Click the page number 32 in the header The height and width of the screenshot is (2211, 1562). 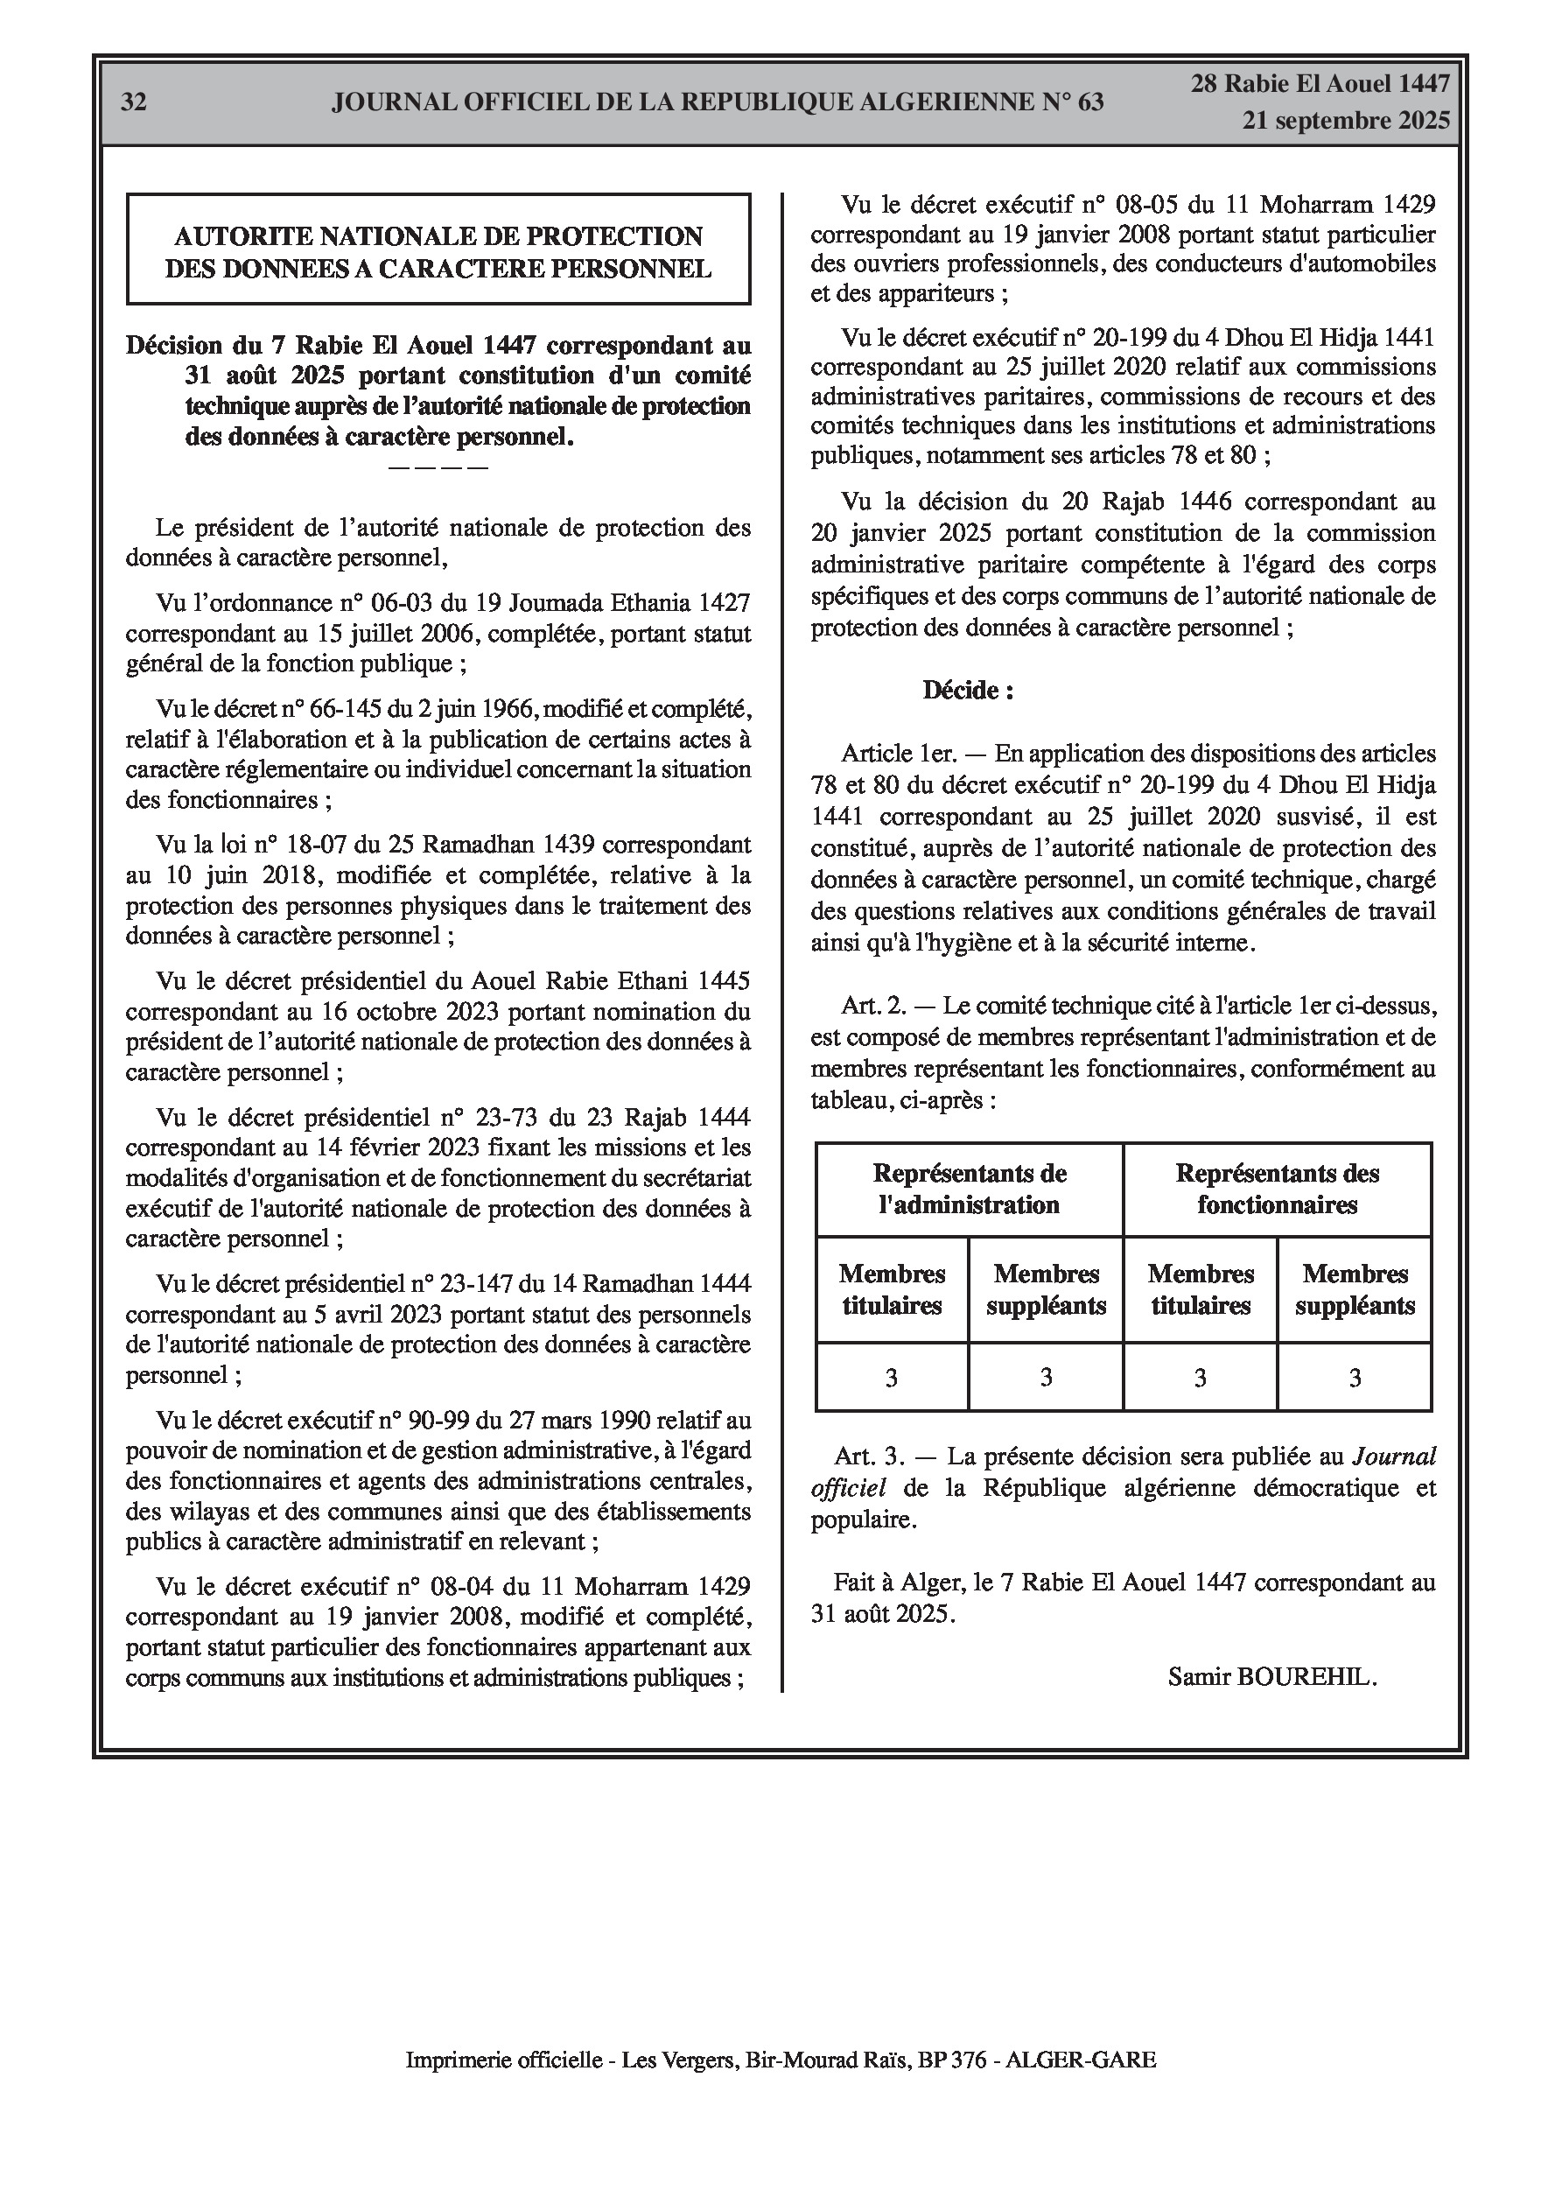pos(134,102)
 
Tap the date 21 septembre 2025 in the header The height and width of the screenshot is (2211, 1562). pos(1345,121)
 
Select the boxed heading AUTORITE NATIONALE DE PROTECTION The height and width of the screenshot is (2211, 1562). pos(438,236)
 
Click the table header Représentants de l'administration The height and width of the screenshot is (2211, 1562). pos(969,1190)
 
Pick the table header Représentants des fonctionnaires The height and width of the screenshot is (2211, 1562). pos(1277,1190)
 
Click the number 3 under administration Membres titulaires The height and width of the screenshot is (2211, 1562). pos(892,1378)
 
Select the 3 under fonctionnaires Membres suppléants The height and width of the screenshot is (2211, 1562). pos(1354,1378)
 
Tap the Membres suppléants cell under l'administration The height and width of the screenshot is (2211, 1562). pos(1046,1289)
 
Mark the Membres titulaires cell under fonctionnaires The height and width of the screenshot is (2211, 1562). pos(1201,1289)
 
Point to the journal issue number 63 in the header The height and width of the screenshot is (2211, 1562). pos(1090,102)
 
